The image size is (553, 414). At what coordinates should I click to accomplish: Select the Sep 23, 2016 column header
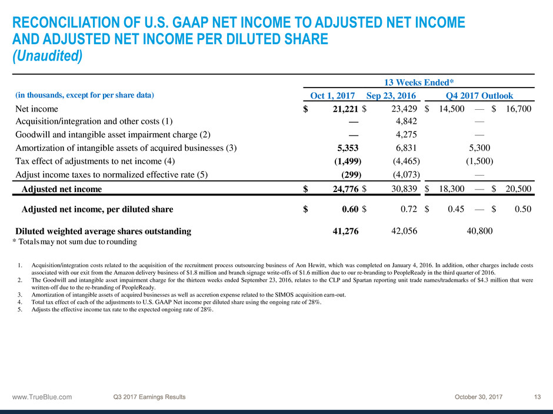pos(391,96)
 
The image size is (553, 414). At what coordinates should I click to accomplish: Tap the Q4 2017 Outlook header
pos(479,96)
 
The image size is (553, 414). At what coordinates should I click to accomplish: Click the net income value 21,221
pos(342,109)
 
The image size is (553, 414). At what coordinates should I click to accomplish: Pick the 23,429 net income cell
pos(402,109)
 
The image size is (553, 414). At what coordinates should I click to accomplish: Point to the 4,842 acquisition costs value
pos(405,122)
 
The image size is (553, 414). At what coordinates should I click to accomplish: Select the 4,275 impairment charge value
pos(405,134)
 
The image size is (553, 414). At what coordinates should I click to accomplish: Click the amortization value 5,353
pos(347,148)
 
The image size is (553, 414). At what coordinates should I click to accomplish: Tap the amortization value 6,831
pos(405,148)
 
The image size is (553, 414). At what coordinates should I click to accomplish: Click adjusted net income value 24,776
pos(342,189)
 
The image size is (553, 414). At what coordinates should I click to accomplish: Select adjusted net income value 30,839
pos(402,189)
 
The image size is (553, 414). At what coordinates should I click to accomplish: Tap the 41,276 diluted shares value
pos(345,231)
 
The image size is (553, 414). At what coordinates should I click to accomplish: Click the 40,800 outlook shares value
pos(479,231)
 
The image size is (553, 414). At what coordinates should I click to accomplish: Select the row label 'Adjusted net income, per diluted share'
pos(97,208)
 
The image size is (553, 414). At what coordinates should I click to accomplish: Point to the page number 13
pos(537,397)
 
